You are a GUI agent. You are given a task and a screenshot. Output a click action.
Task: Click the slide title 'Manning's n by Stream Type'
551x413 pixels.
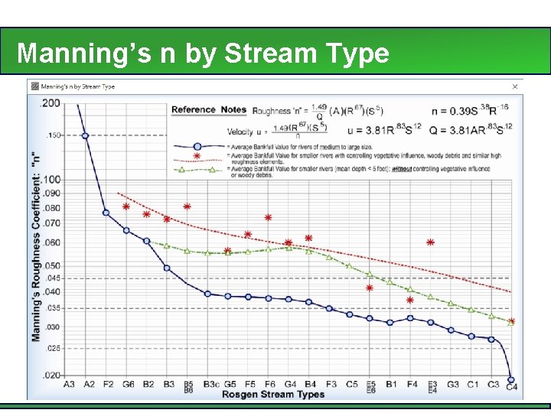(203, 54)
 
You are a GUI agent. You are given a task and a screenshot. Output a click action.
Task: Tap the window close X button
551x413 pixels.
(514, 86)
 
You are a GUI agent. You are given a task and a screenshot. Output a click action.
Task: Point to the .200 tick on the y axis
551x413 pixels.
(51, 102)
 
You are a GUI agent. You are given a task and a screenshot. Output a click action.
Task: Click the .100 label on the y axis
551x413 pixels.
(51, 180)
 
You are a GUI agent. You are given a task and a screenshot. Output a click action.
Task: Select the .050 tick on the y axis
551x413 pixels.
(51, 265)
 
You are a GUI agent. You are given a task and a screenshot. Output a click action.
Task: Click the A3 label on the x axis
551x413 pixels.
(70, 384)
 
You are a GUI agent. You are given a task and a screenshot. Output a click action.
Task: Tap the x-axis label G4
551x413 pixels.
(290, 384)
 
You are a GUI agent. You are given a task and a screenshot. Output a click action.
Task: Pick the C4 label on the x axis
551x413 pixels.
(511, 386)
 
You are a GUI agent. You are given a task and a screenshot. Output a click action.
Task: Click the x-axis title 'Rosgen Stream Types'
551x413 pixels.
(273, 395)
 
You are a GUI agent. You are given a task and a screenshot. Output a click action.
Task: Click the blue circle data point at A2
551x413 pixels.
(85, 135)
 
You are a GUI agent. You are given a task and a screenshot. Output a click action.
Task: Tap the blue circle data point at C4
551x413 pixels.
(511, 379)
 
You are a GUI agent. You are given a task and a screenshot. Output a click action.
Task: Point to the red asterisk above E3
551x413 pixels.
(431, 242)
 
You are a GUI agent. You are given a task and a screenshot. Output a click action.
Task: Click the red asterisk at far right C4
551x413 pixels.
(511, 322)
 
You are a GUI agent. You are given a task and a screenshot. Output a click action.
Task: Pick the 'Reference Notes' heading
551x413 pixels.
(208, 110)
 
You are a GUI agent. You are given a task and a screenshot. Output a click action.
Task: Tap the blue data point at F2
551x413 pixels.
(106, 213)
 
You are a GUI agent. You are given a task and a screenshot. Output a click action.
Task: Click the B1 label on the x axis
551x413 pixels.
(391, 384)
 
